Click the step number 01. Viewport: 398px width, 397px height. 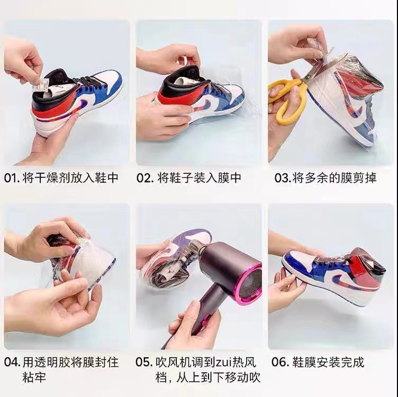(12, 178)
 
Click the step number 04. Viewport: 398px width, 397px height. (12, 363)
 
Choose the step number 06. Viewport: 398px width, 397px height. (279, 363)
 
